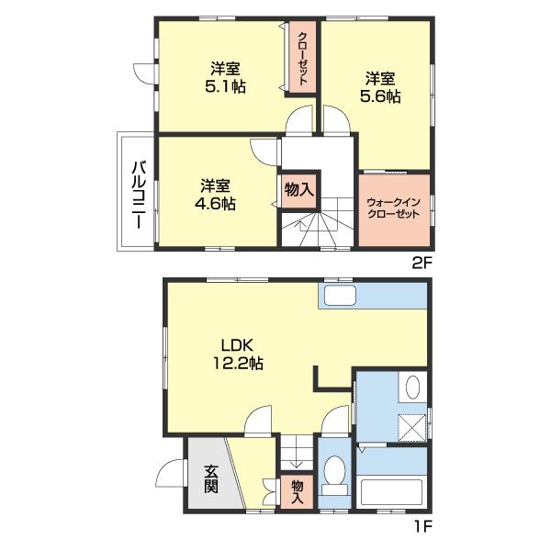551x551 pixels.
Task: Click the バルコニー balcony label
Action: tap(139, 195)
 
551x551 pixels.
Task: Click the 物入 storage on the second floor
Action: tap(299, 191)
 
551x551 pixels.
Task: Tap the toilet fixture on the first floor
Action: tap(334, 475)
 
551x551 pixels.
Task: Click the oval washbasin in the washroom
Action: tap(412, 387)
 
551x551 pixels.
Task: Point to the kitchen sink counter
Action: tap(342, 296)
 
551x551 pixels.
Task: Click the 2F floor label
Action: tap(422, 263)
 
